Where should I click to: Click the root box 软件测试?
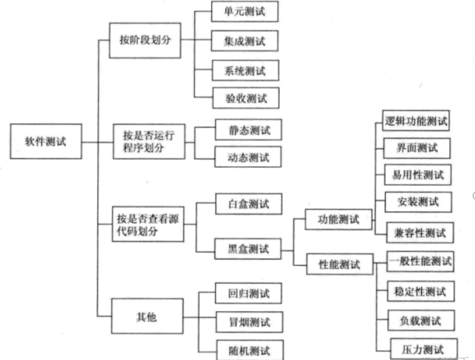point(47,141)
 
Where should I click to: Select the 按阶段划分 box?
point(145,40)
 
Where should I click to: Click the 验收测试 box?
point(246,98)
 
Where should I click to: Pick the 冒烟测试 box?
point(249,322)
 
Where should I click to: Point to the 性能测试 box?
point(339,263)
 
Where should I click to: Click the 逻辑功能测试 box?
point(415,120)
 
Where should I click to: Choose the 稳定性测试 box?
point(420,291)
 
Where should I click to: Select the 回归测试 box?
point(249,294)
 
